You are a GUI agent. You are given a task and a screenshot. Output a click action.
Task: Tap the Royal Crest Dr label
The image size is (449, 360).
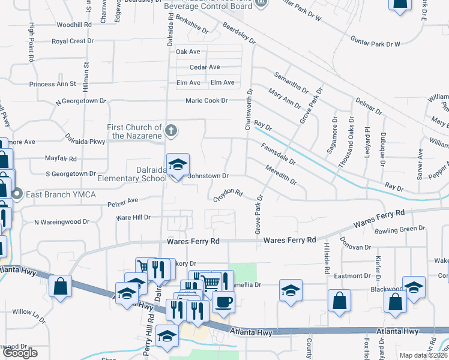pos(73,41)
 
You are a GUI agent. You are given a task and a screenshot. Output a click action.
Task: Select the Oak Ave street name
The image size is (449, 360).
pos(188,52)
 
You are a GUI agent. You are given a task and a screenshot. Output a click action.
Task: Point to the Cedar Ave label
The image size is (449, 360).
pos(205,67)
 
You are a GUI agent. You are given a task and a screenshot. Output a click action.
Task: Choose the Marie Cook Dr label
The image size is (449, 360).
pos(206,101)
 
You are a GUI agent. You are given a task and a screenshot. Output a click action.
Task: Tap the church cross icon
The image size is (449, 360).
pos(171,130)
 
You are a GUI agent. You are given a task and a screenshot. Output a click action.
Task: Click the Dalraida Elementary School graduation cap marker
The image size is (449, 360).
pos(178,164)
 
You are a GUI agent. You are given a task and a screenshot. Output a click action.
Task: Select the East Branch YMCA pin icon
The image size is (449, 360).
pos(17,194)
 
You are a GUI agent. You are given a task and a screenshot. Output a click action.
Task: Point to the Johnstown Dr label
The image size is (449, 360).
pos(208,176)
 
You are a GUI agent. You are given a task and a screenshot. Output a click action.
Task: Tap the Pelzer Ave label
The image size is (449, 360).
pos(123,200)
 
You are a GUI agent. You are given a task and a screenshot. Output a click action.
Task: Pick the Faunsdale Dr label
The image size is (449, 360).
pos(278,154)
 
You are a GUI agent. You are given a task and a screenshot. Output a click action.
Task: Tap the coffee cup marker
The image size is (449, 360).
pos(223,301)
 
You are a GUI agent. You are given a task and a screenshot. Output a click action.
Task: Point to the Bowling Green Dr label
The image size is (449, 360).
pos(399,229)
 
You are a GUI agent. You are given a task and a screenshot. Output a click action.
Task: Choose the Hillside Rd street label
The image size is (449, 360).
pos(327,262)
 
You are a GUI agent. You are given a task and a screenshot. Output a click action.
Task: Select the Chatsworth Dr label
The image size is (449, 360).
pos(249,109)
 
